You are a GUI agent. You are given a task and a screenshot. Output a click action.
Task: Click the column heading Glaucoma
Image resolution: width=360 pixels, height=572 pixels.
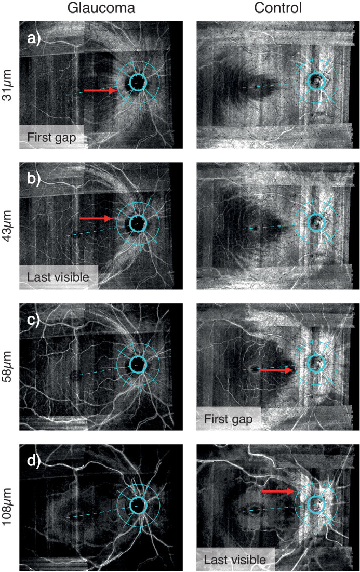click(101, 8)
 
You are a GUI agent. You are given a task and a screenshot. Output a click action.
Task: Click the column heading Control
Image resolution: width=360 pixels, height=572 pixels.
click(273, 8)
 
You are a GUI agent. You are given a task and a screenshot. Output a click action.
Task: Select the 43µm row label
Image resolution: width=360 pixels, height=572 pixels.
click(8, 225)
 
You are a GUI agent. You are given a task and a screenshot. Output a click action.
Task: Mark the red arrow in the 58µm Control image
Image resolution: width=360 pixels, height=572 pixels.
click(276, 369)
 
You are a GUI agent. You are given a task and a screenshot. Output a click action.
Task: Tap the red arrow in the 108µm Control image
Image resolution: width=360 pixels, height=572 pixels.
click(278, 490)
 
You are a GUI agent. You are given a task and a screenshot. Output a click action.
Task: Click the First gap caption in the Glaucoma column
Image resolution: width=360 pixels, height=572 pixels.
click(49, 137)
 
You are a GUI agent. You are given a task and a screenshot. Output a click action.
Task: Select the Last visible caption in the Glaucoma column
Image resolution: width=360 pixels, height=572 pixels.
click(57, 277)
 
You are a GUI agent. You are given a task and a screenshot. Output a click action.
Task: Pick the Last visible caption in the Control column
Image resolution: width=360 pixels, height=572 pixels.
click(235, 559)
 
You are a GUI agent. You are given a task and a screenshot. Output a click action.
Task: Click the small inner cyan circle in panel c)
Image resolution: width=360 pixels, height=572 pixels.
click(138, 363)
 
